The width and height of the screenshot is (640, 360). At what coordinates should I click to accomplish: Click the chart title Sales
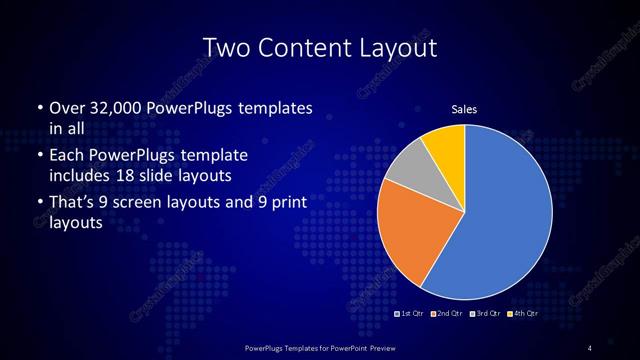click(464, 109)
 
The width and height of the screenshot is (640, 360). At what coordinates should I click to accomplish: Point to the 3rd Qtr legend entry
click(484, 313)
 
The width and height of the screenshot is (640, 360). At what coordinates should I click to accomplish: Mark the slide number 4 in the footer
click(590, 347)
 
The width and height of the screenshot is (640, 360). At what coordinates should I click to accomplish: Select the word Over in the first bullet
click(67, 107)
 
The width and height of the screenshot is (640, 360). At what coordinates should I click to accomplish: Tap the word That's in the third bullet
click(76, 203)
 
